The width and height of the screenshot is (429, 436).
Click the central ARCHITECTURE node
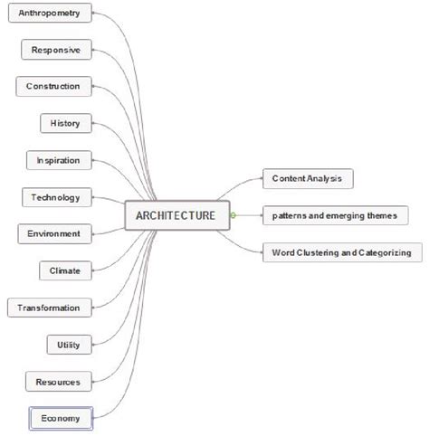(x=176, y=215)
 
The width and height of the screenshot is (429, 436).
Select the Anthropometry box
(x=54, y=14)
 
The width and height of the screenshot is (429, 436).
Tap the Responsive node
(x=55, y=50)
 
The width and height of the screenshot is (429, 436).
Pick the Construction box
(x=52, y=87)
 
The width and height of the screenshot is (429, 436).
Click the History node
(x=65, y=123)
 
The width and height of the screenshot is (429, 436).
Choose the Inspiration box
(x=58, y=160)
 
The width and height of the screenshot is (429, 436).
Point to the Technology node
(x=56, y=197)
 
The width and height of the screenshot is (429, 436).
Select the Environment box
(x=53, y=233)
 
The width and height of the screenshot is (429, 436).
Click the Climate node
(x=65, y=270)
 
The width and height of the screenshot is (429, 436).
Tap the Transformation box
(x=49, y=308)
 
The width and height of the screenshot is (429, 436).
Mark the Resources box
(x=58, y=382)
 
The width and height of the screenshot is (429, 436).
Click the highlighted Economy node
(x=60, y=418)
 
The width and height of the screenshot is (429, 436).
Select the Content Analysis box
(x=307, y=178)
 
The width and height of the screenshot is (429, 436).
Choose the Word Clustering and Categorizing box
(x=341, y=252)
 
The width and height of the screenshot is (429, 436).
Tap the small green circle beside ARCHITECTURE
(x=233, y=215)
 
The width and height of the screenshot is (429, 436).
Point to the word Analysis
(x=325, y=178)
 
